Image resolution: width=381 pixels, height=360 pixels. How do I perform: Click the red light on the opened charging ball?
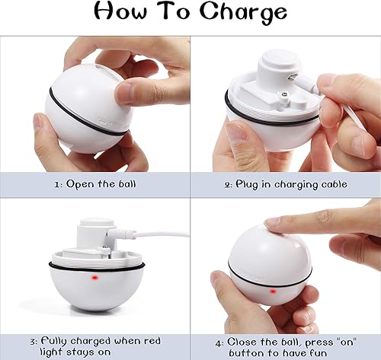96,279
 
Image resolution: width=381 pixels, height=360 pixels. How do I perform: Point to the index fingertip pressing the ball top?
275,223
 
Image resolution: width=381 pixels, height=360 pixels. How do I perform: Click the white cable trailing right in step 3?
164,234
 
